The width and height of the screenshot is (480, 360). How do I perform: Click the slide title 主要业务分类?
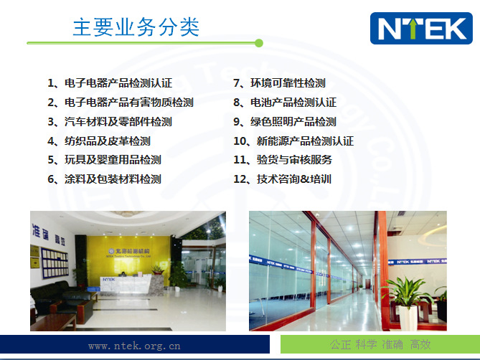136,27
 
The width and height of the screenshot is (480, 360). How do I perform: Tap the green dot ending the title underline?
258,43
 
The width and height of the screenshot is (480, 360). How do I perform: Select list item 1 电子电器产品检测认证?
109,83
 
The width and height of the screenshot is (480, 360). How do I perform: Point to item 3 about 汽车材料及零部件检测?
109,122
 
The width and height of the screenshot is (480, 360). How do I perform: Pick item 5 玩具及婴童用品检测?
104,160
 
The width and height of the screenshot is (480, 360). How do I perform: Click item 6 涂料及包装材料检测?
104,179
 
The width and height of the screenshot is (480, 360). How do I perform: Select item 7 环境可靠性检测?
279,83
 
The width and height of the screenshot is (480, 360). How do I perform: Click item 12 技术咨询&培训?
283,179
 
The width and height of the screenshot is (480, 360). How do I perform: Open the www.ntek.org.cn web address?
134,346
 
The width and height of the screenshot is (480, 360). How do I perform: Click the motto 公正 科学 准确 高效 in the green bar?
380,344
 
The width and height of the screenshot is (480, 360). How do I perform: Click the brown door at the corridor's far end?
337,273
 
